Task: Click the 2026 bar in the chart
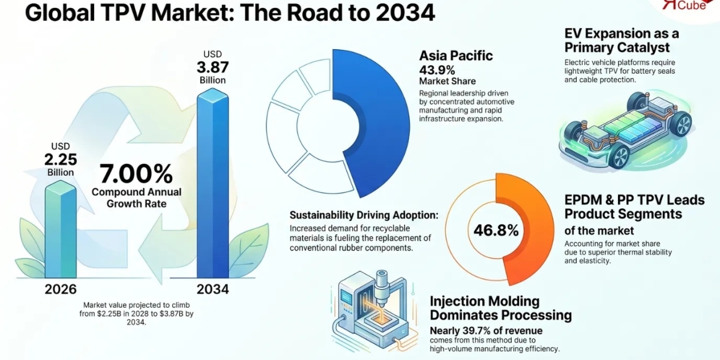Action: [61, 229]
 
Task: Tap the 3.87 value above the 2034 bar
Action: [213, 67]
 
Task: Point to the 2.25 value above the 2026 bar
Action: [61, 160]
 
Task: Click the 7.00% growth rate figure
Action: [136, 174]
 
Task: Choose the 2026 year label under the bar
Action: [61, 289]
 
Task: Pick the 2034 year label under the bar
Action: [213, 289]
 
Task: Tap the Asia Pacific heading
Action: [456, 56]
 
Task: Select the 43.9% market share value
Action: [437, 70]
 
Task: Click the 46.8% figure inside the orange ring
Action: [496, 230]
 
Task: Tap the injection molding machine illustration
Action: [373, 312]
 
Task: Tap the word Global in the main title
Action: [60, 13]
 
